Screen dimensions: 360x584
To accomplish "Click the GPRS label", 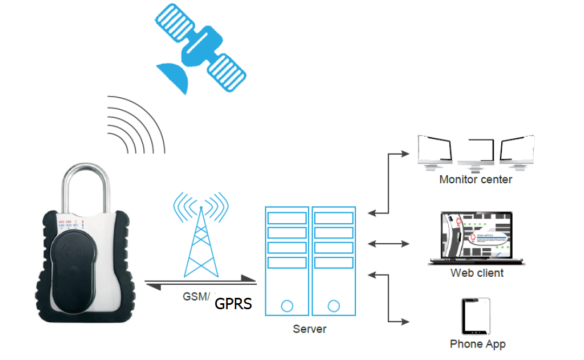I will tap(233, 303).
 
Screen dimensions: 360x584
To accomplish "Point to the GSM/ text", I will tap(195, 296).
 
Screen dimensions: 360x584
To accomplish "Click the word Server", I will tap(309, 329).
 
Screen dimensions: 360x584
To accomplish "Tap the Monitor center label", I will tap(475, 179).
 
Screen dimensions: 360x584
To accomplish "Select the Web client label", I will tap(476, 273).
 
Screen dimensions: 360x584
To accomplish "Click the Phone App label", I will tap(477, 344).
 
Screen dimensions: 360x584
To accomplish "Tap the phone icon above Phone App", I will tap(476, 316).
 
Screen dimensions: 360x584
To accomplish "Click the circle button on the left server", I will tap(287, 306).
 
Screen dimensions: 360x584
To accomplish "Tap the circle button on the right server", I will tap(333, 306).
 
